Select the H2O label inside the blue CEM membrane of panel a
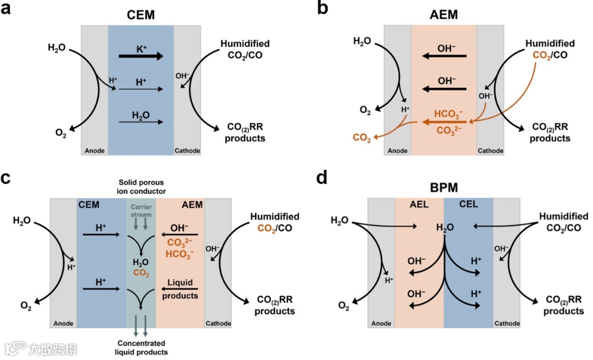[141, 115]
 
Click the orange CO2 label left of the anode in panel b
[361, 139]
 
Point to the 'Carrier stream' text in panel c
[141, 211]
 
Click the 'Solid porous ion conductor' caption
[141, 187]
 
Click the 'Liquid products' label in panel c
[180, 289]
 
